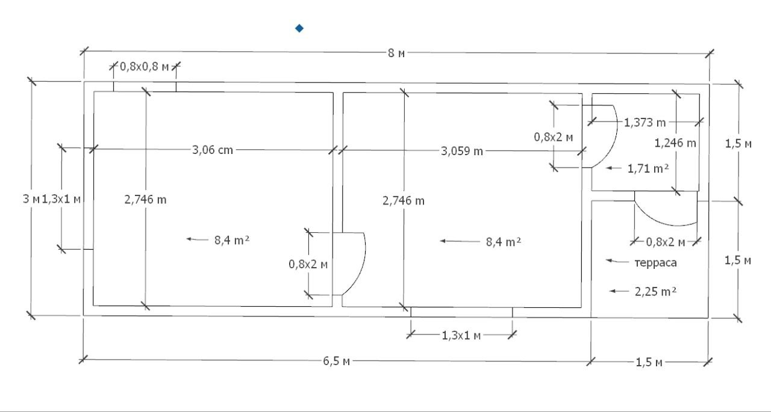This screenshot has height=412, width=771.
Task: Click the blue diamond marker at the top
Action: [299, 28]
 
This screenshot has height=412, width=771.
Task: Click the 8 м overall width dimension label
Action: [396, 54]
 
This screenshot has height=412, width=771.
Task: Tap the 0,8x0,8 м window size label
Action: [144, 67]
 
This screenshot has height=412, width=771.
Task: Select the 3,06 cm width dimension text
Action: [213, 150]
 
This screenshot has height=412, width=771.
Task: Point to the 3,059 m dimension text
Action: [462, 151]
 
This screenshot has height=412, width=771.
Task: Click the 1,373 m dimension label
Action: [645, 122]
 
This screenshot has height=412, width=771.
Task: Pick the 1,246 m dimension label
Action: [675, 143]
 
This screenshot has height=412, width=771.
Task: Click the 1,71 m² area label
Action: [648, 169]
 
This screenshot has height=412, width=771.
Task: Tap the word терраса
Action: [656, 263]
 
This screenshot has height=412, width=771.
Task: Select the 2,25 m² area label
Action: [656, 292]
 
